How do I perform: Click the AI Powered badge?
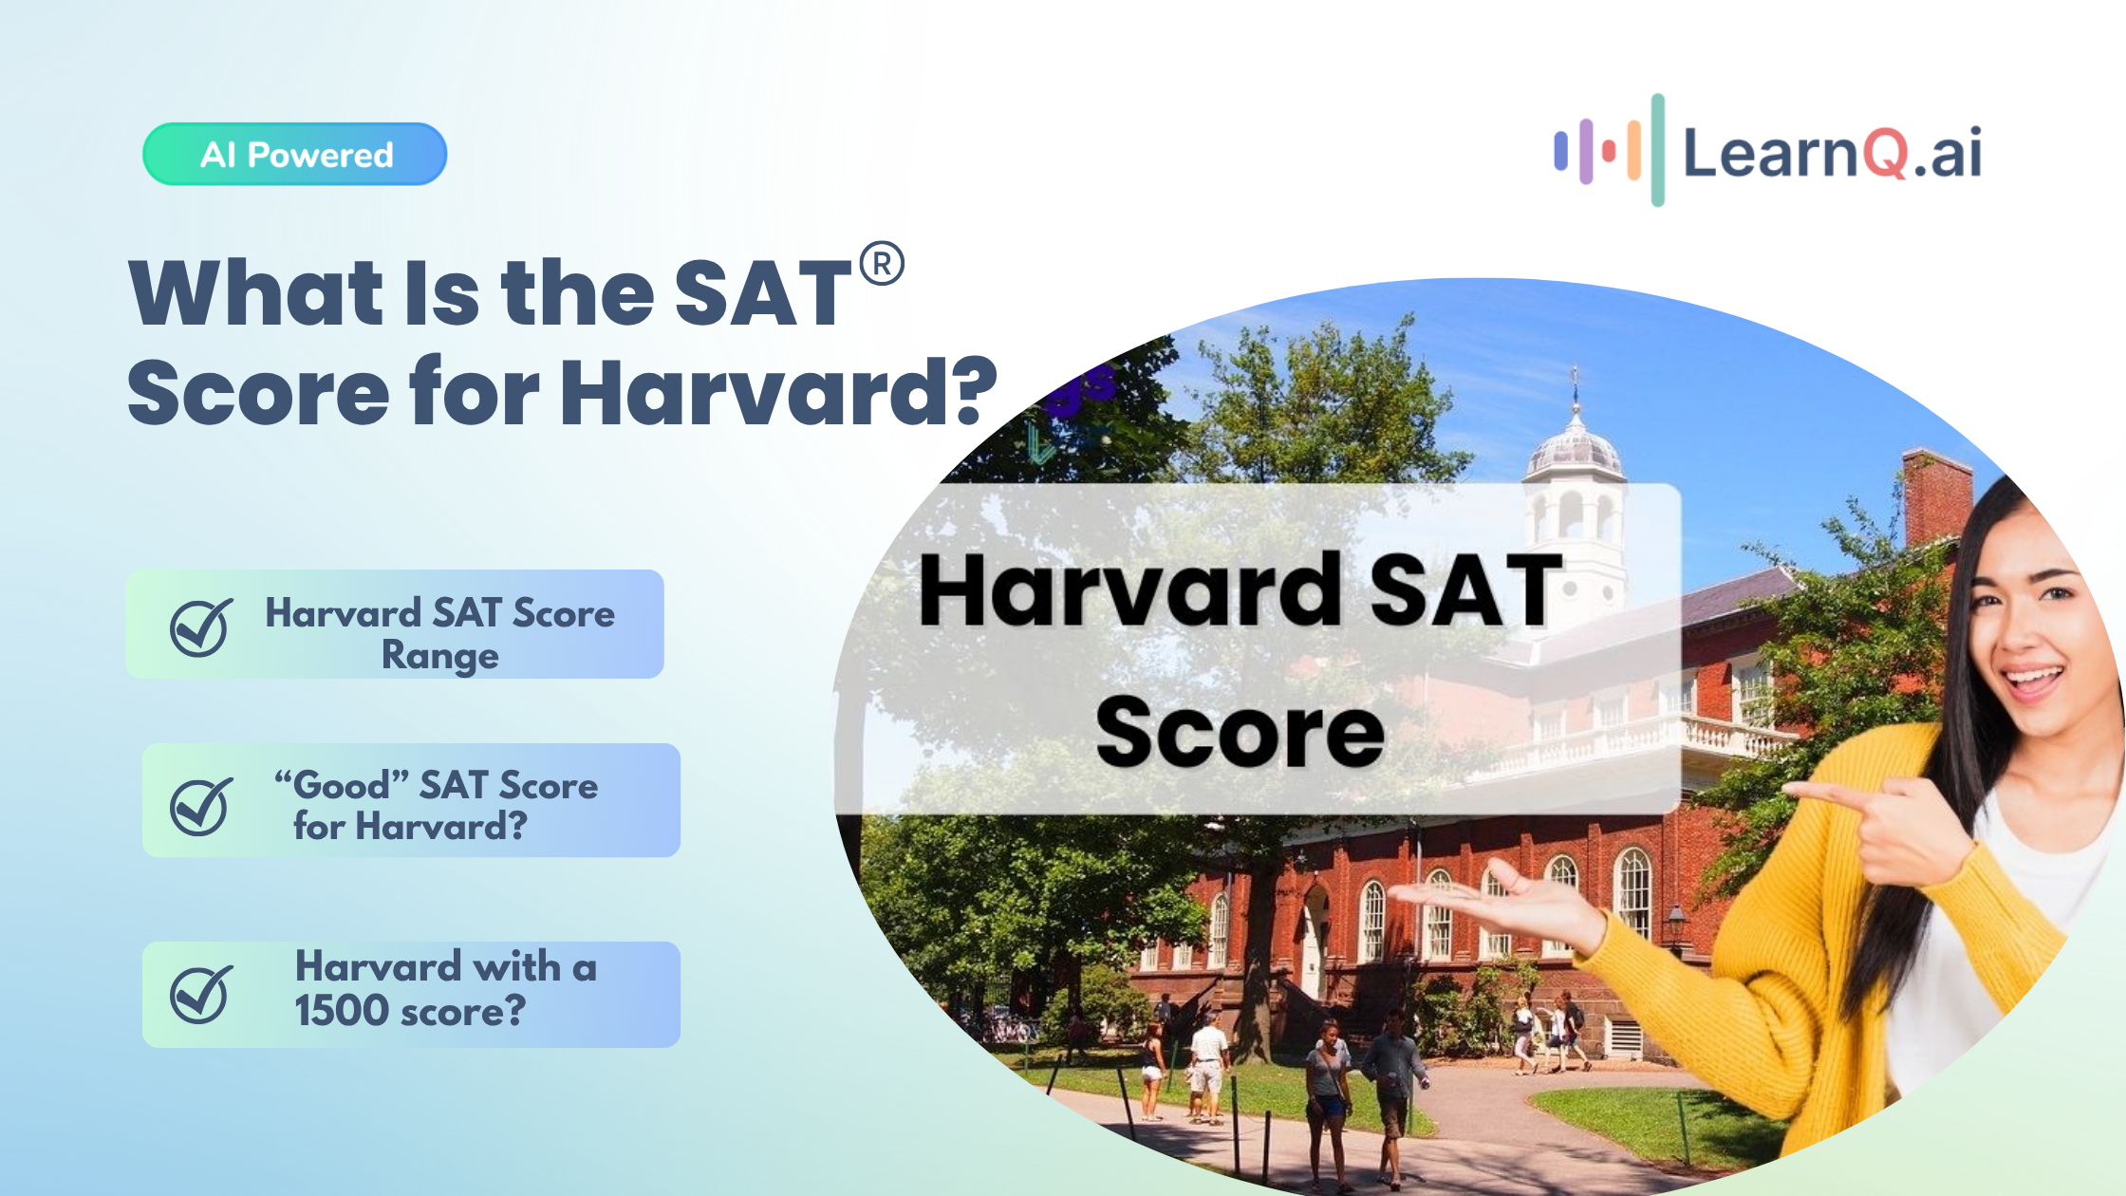[x=294, y=154]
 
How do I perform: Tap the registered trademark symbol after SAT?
[x=882, y=264]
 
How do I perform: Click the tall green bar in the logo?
[x=1657, y=150]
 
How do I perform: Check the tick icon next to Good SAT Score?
[x=201, y=806]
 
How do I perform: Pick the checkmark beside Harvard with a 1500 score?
[x=201, y=994]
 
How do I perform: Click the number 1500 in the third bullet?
[x=342, y=1010]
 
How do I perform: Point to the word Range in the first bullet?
[x=440, y=656]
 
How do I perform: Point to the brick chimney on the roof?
[x=1937, y=498]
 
